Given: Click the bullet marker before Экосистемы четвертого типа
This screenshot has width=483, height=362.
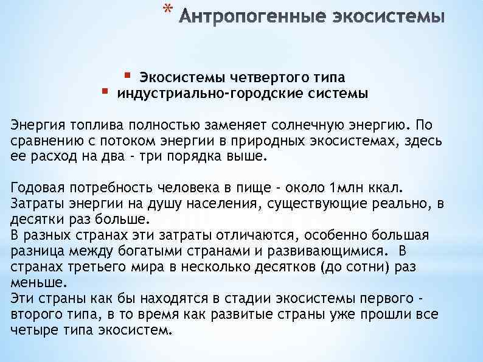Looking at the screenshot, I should click(x=127, y=75).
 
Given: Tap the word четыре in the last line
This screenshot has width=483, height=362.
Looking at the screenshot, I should click(x=32, y=330).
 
